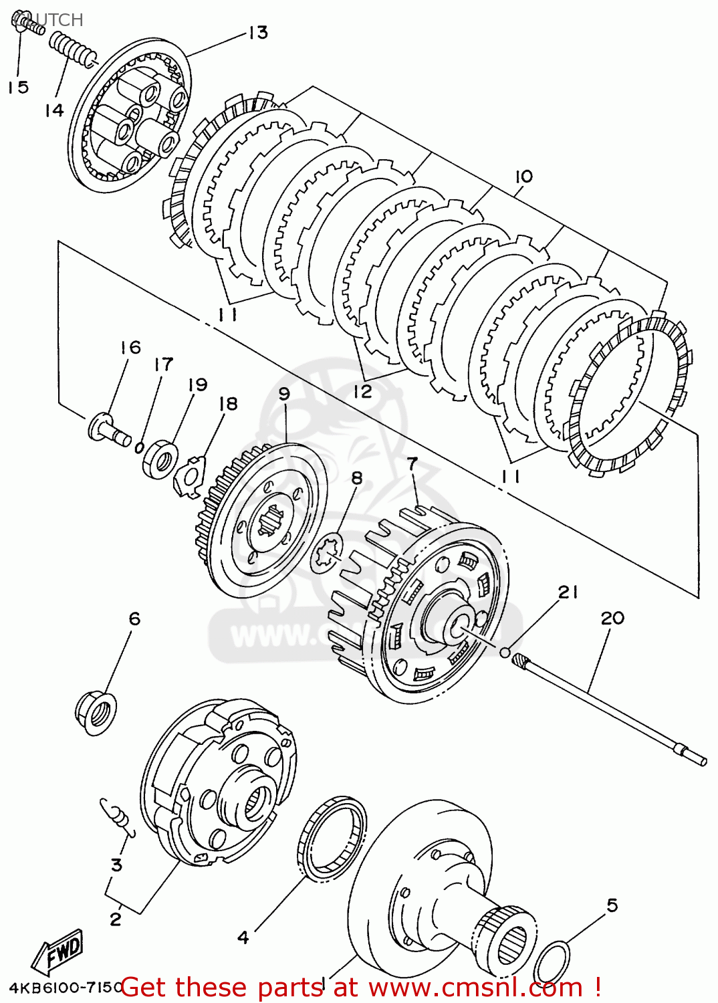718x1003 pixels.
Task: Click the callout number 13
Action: (257, 32)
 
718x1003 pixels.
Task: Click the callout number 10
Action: (523, 176)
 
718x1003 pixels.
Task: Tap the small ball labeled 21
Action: (505, 651)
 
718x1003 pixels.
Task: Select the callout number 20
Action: (612, 618)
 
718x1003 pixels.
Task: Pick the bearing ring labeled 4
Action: (332, 837)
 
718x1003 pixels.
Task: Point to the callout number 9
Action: (284, 393)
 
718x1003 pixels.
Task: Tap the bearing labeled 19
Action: (160, 458)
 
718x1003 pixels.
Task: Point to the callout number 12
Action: (362, 391)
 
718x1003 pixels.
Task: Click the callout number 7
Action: (412, 463)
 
